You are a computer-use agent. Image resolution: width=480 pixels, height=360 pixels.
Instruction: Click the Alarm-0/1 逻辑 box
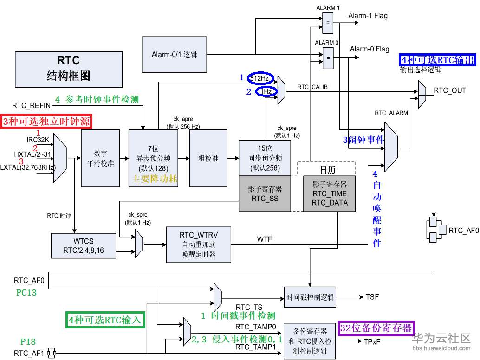174,54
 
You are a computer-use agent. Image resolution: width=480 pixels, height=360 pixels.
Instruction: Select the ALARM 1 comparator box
328,22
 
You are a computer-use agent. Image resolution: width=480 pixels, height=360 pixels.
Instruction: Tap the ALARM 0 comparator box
328,58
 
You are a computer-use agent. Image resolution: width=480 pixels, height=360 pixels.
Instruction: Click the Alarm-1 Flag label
369,16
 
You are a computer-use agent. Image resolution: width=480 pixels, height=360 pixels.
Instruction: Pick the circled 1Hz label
266,92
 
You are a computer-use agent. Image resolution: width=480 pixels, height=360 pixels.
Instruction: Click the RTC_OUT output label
449,90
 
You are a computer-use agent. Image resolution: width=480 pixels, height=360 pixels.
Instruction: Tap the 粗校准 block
208,158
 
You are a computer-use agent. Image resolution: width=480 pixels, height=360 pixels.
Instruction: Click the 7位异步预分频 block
153,158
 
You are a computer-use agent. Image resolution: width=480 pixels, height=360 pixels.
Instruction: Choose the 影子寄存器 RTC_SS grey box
265,194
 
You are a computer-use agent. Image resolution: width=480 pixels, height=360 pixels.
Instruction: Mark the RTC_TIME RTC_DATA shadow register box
329,194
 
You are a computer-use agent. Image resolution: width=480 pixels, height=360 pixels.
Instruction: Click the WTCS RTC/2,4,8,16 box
84,246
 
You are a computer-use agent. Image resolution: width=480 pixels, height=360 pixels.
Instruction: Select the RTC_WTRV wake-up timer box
198,244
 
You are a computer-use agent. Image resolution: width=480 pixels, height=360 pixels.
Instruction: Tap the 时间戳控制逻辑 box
310,297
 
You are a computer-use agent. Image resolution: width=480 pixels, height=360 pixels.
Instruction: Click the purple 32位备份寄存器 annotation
376,328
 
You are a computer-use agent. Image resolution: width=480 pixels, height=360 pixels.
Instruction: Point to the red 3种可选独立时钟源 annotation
46,122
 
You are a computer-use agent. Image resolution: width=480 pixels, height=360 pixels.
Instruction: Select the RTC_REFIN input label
31,105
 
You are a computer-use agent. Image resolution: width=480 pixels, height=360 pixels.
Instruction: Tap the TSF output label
372,297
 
